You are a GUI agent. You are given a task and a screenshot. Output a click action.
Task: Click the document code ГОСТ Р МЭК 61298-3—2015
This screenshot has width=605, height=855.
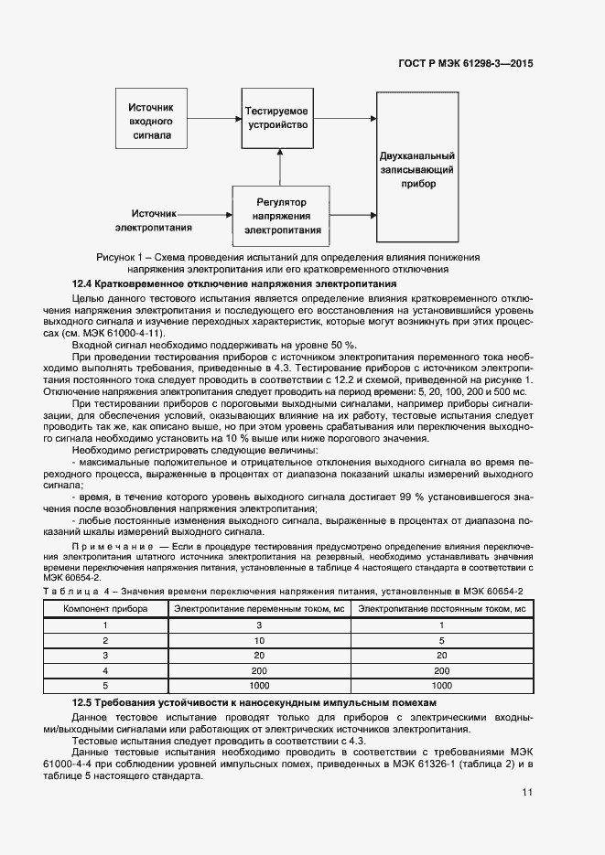(x=467, y=64)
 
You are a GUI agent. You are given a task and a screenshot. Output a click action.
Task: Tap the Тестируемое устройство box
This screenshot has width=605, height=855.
(x=276, y=118)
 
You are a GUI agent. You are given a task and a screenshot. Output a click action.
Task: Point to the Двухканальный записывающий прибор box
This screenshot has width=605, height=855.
(x=417, y=170)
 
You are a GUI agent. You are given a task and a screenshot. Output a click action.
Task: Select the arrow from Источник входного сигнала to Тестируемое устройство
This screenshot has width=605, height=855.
(x=213, y=118)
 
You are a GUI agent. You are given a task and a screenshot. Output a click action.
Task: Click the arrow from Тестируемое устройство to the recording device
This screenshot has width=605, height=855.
(x=345, y=116)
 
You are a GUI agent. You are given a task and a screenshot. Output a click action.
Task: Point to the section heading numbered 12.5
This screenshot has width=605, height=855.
(x=254, y=701)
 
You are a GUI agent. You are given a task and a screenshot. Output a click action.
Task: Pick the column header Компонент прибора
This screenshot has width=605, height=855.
(x=104, y=608)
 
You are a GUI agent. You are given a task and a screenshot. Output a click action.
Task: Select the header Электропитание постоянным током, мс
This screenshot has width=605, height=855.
(x=441, y=608)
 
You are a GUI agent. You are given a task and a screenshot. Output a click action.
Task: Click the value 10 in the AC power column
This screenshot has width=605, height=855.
(x=259, y=640)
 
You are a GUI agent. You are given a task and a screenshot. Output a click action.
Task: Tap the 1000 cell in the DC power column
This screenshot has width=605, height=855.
(x=441, y=684)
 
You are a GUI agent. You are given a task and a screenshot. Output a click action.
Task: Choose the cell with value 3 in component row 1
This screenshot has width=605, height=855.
(x=259, y=625)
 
